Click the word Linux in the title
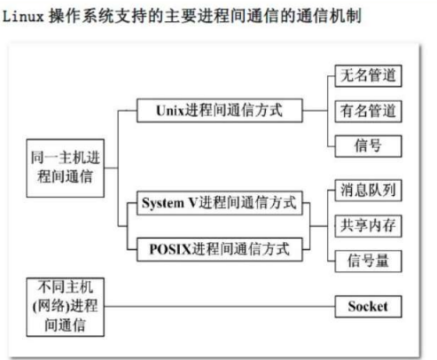[23, 16]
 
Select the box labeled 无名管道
[368, 76]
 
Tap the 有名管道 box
[368, 112]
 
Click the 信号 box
[368, 146]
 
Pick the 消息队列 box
[368, 191]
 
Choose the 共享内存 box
[368, 226]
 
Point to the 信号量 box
[368, 262]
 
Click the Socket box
[368, 307]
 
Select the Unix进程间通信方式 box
[220, 111]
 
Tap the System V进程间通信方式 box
[220, 203]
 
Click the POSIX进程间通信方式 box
[220, 249]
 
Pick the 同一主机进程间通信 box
[66, 168]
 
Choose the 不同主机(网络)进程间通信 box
[66, 307]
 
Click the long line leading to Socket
[220, 307]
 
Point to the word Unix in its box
[170, 111]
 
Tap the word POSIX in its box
[171, 249]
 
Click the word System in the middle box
[163, 203]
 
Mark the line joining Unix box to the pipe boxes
[315, 111]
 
